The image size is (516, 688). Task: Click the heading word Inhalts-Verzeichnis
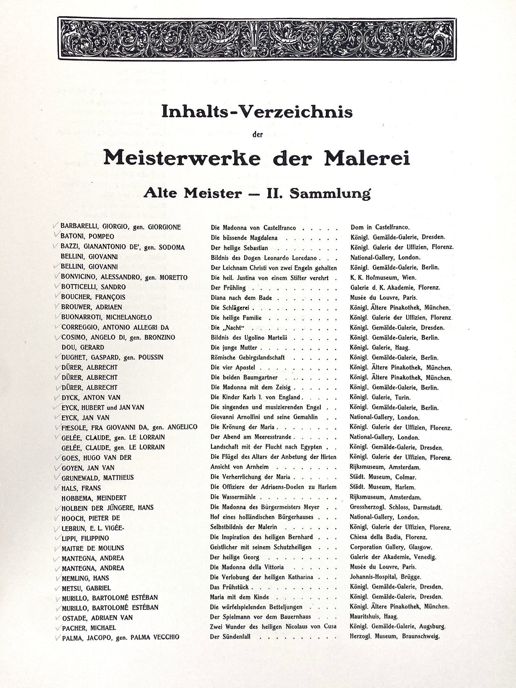pyautogui.click(x=257, y=112)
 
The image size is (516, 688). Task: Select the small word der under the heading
pyautogui.click(x=257, y=135)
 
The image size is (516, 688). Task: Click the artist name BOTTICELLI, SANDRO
pyautogui.click(x=93, y=287)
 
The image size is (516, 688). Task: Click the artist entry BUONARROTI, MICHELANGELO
pyautogui.click(x=106, y=317)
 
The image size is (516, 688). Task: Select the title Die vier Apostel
pyautogui.click(x=233, y=367)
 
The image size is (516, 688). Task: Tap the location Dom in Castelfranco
pyautogui.click(x=380, y=227)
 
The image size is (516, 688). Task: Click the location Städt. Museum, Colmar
pyautogui.click(x=383, y=477)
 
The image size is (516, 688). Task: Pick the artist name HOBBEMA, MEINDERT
pyautogui.click(x=94, y=498)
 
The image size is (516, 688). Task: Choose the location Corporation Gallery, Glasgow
pyautogui.click(x=391, y=547)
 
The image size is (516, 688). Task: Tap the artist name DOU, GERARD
pyautogui.click(x=82, y=347)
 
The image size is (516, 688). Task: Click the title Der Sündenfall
pyautogui.click(x=230, y=637)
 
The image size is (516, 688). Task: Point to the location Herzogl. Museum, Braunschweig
pyautogui.click(x=395, y=636)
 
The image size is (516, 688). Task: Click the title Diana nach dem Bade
pyautogui.click(x=241, y=298)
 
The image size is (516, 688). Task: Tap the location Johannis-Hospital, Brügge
pyautogui.click(x=385, y=577)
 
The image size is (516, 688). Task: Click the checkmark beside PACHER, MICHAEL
pyautogui.click(x=57, y=627)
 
